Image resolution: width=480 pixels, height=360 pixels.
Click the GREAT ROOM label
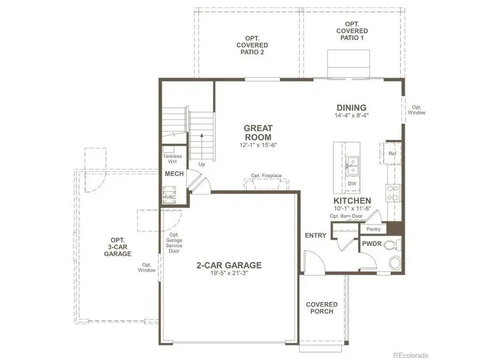tap(258, 132)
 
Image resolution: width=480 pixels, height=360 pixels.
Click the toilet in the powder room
tap(394, 246)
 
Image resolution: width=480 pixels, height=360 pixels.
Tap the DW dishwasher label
tap(351, 184)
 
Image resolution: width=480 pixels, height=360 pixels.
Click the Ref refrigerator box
tap(392, 154)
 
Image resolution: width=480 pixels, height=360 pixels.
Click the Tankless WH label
tap(172, 159)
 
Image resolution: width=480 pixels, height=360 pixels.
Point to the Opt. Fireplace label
tap(266, 175)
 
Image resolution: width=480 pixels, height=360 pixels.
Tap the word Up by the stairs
tap(202, 164)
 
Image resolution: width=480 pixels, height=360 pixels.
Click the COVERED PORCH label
tap(322, 308)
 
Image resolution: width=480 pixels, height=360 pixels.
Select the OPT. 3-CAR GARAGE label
tap(118, 247)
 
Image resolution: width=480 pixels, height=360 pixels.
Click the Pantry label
tap(373, 229)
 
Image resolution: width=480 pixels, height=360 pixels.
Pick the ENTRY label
tap(315, 235)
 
